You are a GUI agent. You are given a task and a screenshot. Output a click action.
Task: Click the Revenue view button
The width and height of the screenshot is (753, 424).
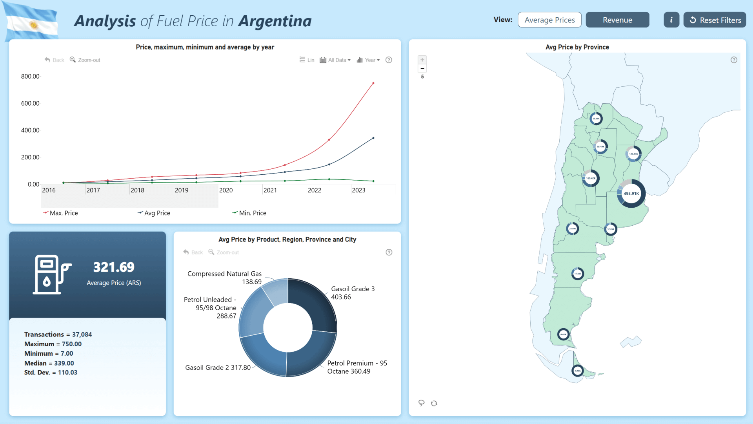click(617, 20)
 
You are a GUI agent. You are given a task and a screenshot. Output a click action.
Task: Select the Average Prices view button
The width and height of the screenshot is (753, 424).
click(549, 20)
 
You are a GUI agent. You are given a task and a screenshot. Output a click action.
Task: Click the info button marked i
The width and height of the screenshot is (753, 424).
click(671, 20)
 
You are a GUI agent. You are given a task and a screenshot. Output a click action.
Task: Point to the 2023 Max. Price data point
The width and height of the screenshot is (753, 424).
click(373, 83)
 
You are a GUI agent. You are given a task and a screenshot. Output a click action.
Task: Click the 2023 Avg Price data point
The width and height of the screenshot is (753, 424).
click(373, 138)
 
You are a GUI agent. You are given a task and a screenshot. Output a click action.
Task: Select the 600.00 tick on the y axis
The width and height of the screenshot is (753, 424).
click(30, 103)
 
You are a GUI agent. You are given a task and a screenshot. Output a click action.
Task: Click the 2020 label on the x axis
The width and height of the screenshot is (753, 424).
click(226, 190)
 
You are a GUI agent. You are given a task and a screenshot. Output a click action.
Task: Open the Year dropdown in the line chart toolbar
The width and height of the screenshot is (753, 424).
click(369, 60)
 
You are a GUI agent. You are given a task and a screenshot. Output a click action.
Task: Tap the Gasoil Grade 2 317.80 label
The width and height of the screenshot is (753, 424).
click(218, 368)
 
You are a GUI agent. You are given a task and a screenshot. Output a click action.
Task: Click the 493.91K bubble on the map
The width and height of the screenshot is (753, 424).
click(631, 194)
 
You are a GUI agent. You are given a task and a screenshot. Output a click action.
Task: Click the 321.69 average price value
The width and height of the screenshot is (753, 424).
click(114, 267)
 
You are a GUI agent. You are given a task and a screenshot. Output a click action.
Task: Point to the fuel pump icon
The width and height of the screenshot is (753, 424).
click(51, 274)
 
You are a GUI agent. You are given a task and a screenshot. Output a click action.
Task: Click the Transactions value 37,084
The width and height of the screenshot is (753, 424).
click(82, 334)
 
